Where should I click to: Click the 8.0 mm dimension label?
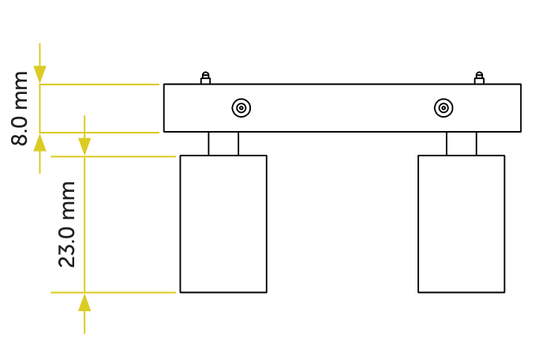tap(20, 108)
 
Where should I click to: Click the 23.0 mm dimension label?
tap(66, 224)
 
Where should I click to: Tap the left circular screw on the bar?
tap(241, 108)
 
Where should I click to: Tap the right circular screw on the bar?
tap(443, 108)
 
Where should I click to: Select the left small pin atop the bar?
tap(205, 78)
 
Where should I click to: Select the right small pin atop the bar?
tap(479, 78)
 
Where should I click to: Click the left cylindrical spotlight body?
tap(223, 224)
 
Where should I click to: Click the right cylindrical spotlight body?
tap(462, 224)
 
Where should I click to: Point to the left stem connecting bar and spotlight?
tap(223, 144)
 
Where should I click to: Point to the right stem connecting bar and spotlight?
tap(462, 144)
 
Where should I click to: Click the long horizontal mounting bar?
tap(342, 108)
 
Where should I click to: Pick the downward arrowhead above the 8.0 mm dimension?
tap(40, 74)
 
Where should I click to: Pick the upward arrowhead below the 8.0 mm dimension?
tap(40, 142)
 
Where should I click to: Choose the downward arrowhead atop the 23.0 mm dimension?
tap(84, 147)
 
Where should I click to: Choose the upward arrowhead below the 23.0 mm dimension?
tap(84, 302)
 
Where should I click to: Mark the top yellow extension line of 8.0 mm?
tap(99, 84)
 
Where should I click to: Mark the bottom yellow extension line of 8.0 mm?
tap(99, 133)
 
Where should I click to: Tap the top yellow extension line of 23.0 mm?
tap(114, 156)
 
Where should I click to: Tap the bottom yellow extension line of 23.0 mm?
tap(114, 292)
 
